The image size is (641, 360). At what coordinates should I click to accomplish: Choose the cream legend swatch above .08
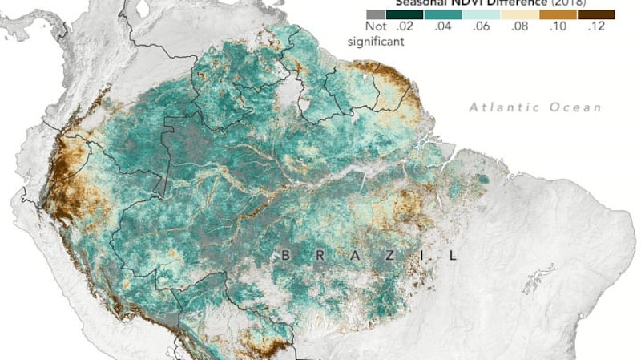[x=520, y=14]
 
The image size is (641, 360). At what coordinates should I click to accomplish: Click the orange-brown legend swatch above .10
[x=558, y=14]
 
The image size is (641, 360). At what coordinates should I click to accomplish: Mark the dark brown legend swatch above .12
[x=597, y=14]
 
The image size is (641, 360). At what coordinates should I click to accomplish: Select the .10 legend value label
[x=558, y=27]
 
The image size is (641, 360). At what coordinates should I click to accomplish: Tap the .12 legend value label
[x=597, y=27]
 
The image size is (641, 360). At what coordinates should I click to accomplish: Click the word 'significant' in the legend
[x=371, y=40]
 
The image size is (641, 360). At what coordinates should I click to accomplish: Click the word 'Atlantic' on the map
[x=497, y=106]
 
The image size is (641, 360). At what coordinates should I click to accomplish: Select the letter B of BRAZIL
[x=285, y=256]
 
